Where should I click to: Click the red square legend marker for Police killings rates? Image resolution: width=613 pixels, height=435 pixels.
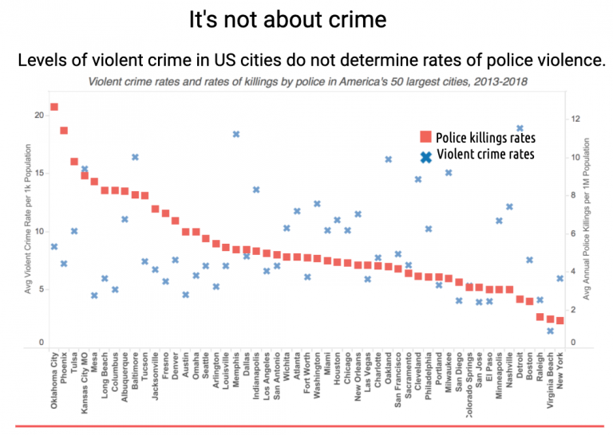(425, 137)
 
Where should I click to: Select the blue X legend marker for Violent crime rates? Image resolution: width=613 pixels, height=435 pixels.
(425, 155)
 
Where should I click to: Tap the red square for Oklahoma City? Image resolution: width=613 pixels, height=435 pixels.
(53, 107)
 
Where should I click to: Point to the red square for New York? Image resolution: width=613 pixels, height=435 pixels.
(560, 320)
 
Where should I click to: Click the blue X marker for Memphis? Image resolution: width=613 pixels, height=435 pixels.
(236, 134)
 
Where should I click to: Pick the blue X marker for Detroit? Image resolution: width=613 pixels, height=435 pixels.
(520, 128)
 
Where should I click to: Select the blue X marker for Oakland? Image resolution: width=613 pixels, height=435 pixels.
(388, 159)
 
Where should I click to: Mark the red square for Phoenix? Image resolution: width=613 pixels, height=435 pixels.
(64, 131)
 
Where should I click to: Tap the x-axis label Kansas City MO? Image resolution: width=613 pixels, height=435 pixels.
(85, 382)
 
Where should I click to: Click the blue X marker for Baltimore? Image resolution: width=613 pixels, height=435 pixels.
(135, 157)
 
